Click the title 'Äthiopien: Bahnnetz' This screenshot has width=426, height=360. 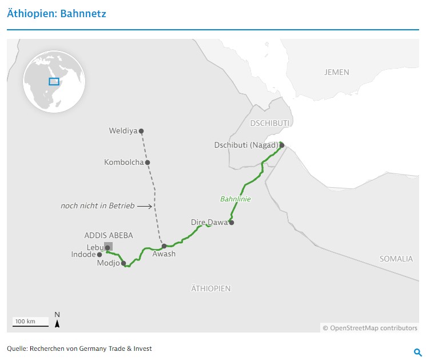click(56, 14)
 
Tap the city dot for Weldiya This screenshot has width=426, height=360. click(141, 131)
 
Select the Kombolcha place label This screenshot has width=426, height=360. click(124, 163)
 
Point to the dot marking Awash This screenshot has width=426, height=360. click(164, 246)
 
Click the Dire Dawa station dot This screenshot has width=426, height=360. click(232, 222)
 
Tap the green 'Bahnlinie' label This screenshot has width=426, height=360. click(236, 199)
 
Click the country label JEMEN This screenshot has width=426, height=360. click(336, 72)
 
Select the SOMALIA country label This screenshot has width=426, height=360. click(396, 259)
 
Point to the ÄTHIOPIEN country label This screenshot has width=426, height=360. click(211, 288)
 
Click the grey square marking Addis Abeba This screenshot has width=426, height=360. click(109, 246)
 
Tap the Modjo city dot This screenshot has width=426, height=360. click(124, 263)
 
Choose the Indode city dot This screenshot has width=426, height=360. click(99, 255)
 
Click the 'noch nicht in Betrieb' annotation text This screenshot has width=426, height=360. click(97, 205)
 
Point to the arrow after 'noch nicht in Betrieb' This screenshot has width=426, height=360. click(145, 205)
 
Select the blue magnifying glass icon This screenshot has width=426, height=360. click(417, 352)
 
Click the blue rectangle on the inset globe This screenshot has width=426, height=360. click(54, 81)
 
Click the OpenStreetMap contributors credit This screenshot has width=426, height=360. click(370, 328)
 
